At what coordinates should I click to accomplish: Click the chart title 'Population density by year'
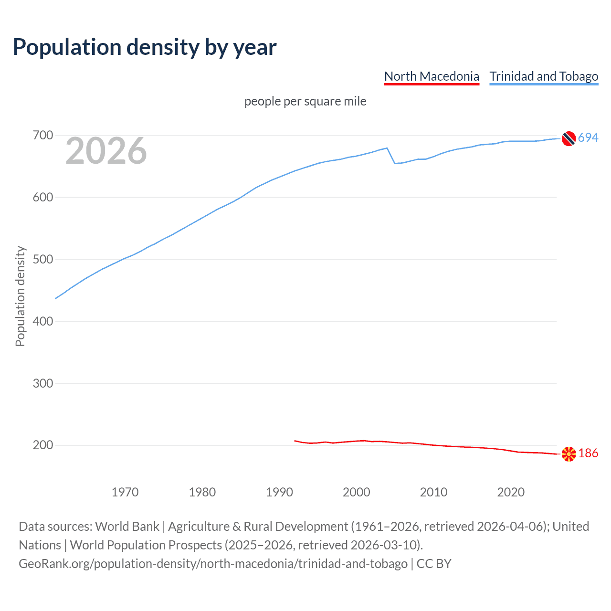[x=145, y=47]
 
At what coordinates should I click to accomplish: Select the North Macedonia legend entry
[x=432, y=76]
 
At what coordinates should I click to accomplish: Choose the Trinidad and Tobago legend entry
[x=544, y=76]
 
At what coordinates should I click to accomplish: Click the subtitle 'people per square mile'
[x=305, y=101]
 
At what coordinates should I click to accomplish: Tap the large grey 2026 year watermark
[x=106, y=151]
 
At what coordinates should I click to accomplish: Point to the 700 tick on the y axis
[x=42, y=136]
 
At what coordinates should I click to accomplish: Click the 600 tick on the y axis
[x=42, y=197]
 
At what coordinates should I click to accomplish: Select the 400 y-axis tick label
[x=42, y=321]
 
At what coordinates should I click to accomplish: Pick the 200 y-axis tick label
[x=42, y=445]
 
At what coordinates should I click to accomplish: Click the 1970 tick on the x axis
[x=125, y=492]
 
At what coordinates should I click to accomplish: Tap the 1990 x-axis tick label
[x=279, y=492]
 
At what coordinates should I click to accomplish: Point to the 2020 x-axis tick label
[x=511, y=492]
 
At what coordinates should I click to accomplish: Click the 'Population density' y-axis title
[x=20, y=296]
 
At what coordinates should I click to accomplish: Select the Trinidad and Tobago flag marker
[x=569, y=138]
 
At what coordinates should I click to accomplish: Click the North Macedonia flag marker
[x=569, y=454]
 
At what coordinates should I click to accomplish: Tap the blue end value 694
[x=588, y=138]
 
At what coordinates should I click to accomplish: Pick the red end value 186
[x=588, y=453]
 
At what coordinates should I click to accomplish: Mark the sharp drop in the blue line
[x=391, y=156]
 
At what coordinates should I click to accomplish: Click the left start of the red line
[x=295, y=441]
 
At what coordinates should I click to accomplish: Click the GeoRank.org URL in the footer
[x=213, y=564]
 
